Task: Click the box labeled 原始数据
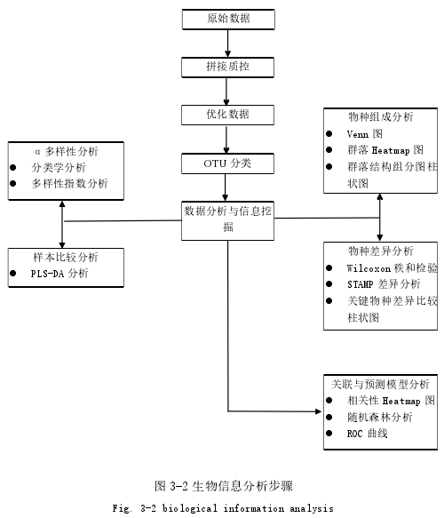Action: click(x=228, y=20)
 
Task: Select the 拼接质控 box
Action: click(x=227, y=68)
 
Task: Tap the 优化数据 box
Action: click(x=227, y=115)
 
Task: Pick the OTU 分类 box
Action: click(x=227, y=163)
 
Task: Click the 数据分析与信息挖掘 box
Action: click(x=227, y=220)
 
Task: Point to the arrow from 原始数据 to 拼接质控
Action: click(x=228, y=44)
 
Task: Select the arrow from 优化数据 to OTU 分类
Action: click(x=226, y=139)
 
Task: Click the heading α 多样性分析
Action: click(x=67, y=152)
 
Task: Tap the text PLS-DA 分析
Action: click(x=59, y=274)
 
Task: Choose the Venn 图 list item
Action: click(x=365, y=134)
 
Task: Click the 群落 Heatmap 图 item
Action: click(x=385, y=150)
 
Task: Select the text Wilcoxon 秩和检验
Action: click(x=392, y=268)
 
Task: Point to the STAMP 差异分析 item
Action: click(x=384, y=284)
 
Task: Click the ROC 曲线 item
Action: click(x=367, y=434)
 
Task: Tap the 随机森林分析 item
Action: click(x=380, y=418)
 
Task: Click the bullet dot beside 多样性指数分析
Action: click(x=12, y=183)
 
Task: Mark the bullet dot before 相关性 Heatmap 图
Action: click(x=329, y=401)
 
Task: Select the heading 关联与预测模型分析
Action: click(x=380, y=384)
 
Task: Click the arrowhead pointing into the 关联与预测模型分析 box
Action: click(x=318, y=411)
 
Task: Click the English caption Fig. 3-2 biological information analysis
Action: click(x=223, y=508)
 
